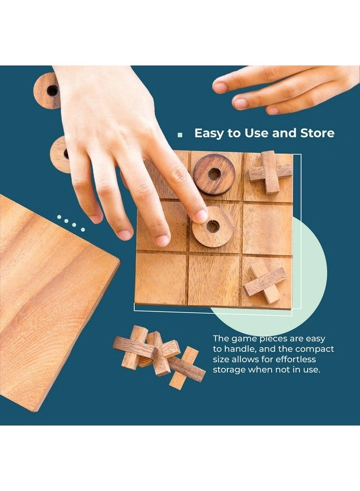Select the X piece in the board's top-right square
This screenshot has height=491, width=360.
click(270, 172)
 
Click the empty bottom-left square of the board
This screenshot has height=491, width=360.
click(161, 278)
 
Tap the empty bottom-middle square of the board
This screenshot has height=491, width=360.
click(214, 280)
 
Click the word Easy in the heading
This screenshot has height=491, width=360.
click(209, 134)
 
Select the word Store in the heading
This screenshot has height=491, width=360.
click(317, 133)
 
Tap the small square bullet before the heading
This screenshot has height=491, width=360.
click(179, 135)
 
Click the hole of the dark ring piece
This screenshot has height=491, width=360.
click(214, 174)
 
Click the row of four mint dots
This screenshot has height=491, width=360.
click(70, 223)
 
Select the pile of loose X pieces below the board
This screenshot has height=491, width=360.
click(159, 357)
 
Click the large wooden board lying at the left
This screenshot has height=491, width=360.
click(50, 301)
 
